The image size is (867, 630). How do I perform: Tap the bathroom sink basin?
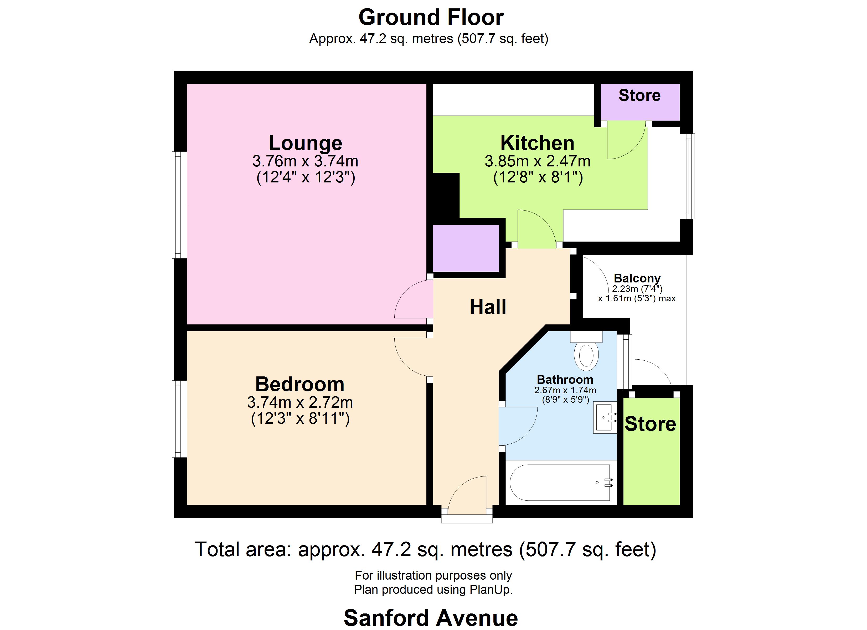click(x=604, y=418)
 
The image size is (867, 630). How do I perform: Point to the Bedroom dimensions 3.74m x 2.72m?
click(x=300, y=402)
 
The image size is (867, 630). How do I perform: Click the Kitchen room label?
click(x=537, y=143)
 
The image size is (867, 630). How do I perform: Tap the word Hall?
click(x=488, y=307)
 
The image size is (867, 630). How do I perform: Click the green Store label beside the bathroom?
click(x=650, y=424)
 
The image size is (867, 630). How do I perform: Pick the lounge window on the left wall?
click(x=179, y=205)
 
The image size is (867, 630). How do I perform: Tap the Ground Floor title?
click(x=431, y=18)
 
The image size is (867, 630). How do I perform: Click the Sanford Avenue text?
click(x=431, y=618)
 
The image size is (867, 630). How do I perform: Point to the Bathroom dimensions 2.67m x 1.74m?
click(x=565, y=390)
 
